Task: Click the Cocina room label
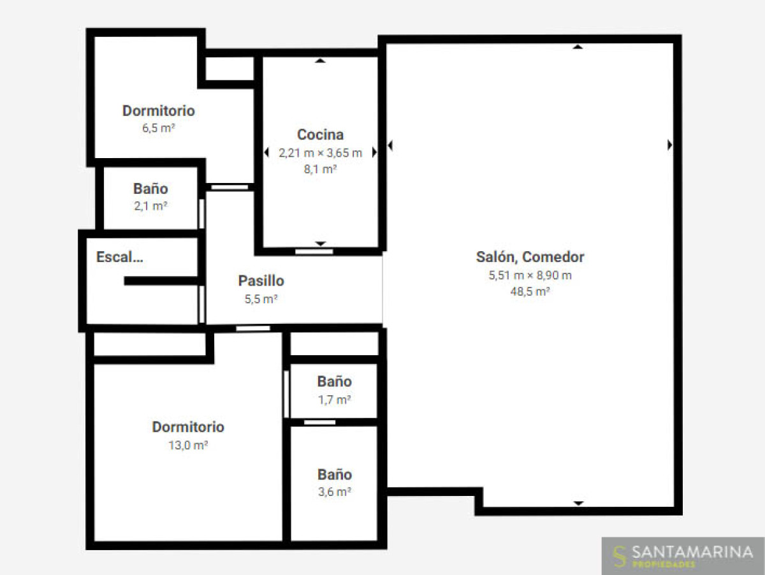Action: [320, 135]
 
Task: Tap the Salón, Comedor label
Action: [530, 257]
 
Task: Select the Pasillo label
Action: [261, 281]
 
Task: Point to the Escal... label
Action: [120, 257]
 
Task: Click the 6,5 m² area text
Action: [158, 128]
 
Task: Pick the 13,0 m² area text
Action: [188, 446]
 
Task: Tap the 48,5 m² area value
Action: [530, 291]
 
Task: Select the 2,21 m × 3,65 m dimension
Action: [320, 153]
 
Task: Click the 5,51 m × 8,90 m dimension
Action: [530, 275]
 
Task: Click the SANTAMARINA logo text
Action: [692, 552]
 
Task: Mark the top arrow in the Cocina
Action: [320, 61]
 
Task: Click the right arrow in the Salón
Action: [669, 145]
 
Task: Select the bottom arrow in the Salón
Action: [579, 503]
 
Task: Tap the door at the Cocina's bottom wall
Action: [314, 252]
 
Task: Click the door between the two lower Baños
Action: [319, 423]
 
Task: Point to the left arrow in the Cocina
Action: [266, 152]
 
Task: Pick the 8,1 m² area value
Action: [320, 170]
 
